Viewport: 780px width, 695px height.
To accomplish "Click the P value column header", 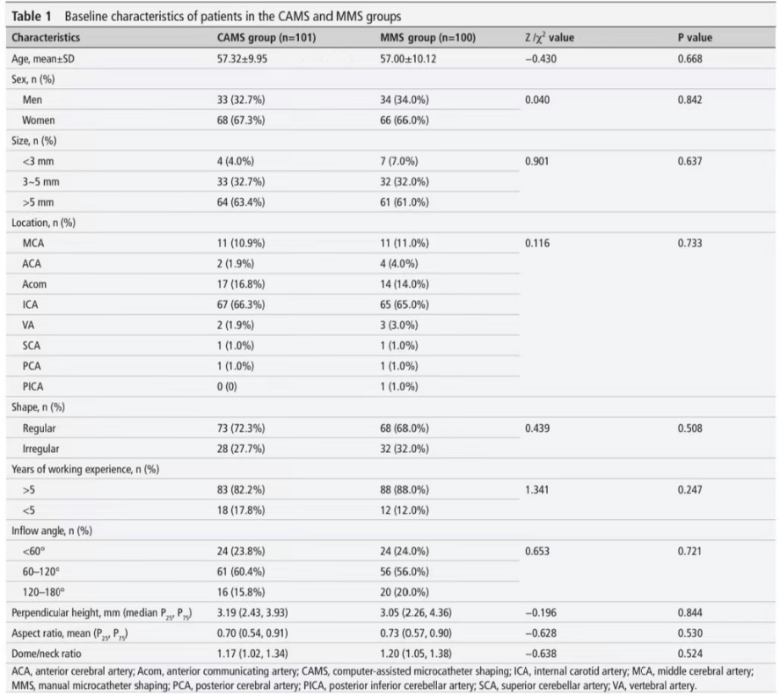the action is click(x=695, y=37).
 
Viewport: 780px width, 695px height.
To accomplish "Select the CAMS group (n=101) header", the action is click(x=266, y=37).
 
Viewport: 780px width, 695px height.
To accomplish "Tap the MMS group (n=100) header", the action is click(x=427, y=37).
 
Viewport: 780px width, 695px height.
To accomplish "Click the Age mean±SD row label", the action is click(x=43, y=59).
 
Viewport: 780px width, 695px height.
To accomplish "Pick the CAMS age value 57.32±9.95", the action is click(x=242, y=59).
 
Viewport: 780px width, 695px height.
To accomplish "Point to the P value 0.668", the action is click(x=690, y=59).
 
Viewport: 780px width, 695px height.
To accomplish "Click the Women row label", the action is click(x=39, y=121).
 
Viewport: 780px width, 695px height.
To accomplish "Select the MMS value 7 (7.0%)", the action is click(x=399, y=161).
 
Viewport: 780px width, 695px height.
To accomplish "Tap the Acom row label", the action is click(x=34, y=284).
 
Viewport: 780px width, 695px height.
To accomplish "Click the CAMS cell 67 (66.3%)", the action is click(x=241, y=304).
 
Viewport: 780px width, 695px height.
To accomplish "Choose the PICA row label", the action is click(x=33, y=386).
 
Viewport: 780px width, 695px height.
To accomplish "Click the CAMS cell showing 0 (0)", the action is click(x=227, y=386).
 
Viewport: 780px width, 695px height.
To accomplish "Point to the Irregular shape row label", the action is click(x=40, y=449).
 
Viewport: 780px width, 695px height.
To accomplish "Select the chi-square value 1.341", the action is click(x=537, y=489).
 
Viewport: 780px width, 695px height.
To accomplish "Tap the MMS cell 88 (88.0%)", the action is click(x=405, y=489).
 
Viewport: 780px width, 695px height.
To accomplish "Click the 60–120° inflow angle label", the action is click(x=40, y=572).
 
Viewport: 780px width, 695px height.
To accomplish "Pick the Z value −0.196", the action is click(x=541, y=612).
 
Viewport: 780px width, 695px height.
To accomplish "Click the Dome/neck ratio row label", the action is click(x=47, y=654).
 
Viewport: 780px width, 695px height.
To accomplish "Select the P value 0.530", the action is click(x=690, y=633).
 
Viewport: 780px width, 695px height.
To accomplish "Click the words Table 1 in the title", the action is click(x=32, y=17).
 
